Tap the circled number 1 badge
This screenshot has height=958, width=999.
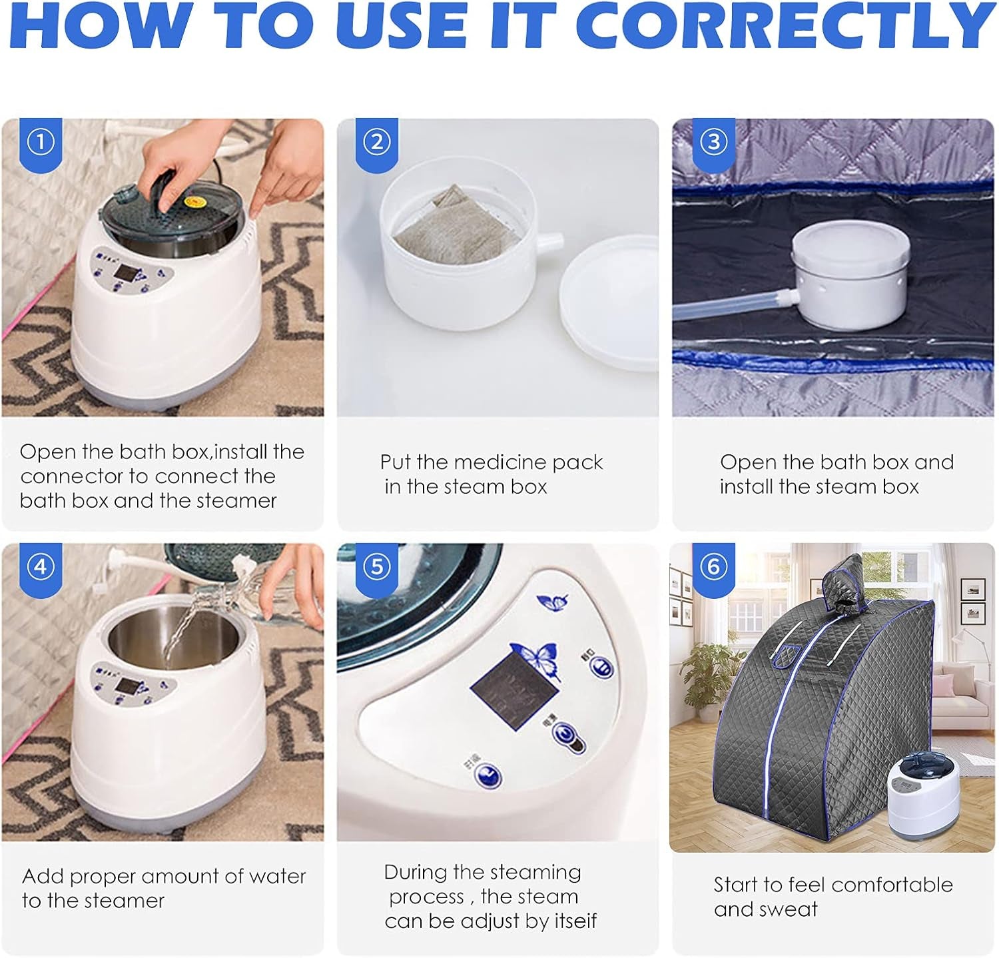[41, 142]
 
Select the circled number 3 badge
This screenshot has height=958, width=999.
[714, 142]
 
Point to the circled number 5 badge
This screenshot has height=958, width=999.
[378, 566]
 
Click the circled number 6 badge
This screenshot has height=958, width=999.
[714, 566]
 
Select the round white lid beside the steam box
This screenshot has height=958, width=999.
[608, 303]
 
